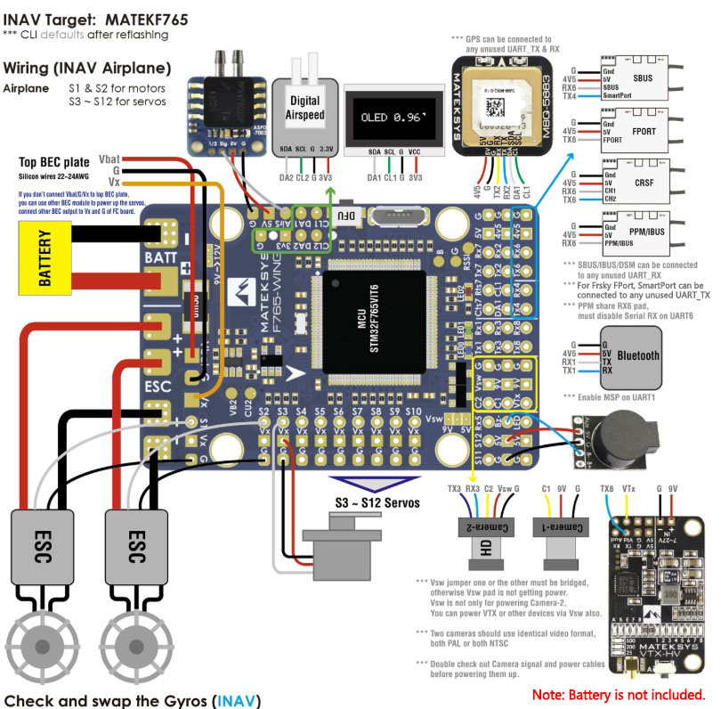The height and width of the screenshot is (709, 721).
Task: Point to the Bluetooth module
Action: click(x=637, y=354)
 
